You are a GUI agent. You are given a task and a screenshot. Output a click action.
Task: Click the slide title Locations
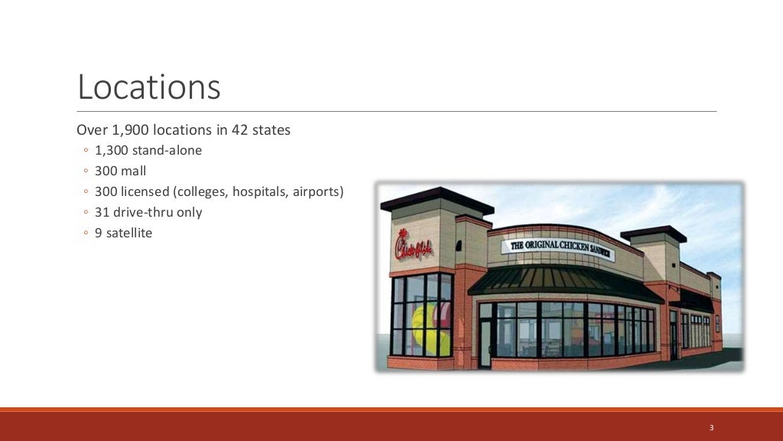pyautogui.click(x=149, y=87)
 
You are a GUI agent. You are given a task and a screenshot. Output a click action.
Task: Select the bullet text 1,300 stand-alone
pyautogui.click(x=148, y=151)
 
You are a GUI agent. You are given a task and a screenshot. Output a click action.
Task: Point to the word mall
pyautogui.click(x=133, y=171)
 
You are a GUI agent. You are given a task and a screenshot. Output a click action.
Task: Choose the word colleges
pyautogui.click(x=204, y=191)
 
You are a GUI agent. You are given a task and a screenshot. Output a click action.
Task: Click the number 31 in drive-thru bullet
pyautogui.click(x=102, y=212)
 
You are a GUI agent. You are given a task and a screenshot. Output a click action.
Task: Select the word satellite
pyautogui.click(x=129, y=233)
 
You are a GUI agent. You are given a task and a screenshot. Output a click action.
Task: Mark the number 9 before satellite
pyautogui.click(x=99, y=233)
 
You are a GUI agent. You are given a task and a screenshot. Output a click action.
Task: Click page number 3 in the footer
pyautogui.click(x=711, y=427)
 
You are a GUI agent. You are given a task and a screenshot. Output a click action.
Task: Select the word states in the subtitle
pyautogui.click(x=271, y=130)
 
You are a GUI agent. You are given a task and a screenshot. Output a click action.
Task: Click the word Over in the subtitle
pyautogui.click(x=92, y=130)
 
